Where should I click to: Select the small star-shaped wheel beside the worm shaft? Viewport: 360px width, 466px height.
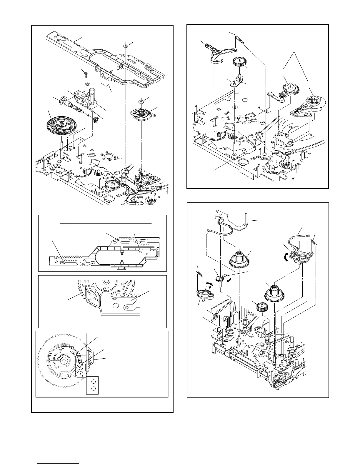[95, 119]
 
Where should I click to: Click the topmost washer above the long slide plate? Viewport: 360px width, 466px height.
[126, 46]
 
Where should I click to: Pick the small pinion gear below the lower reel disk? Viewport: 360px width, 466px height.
[261, 307]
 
